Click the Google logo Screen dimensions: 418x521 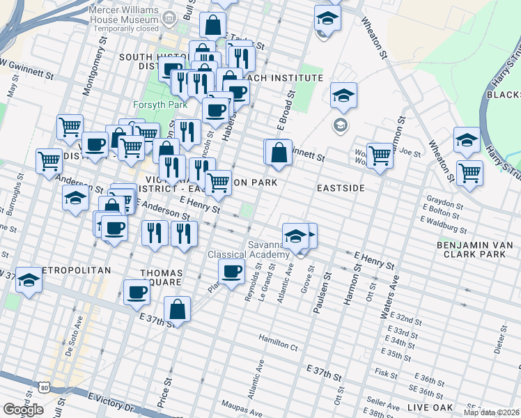(23, 410)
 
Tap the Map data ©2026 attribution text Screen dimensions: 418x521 (491, 412)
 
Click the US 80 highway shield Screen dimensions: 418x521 (45, 387)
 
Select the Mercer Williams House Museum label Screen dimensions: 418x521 (123, 16)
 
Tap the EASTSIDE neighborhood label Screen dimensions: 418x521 (341, 188)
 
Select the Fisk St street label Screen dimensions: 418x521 (385, 373)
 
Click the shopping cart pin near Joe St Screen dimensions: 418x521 (380, 155)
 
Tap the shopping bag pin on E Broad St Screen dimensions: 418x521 (278, 152)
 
